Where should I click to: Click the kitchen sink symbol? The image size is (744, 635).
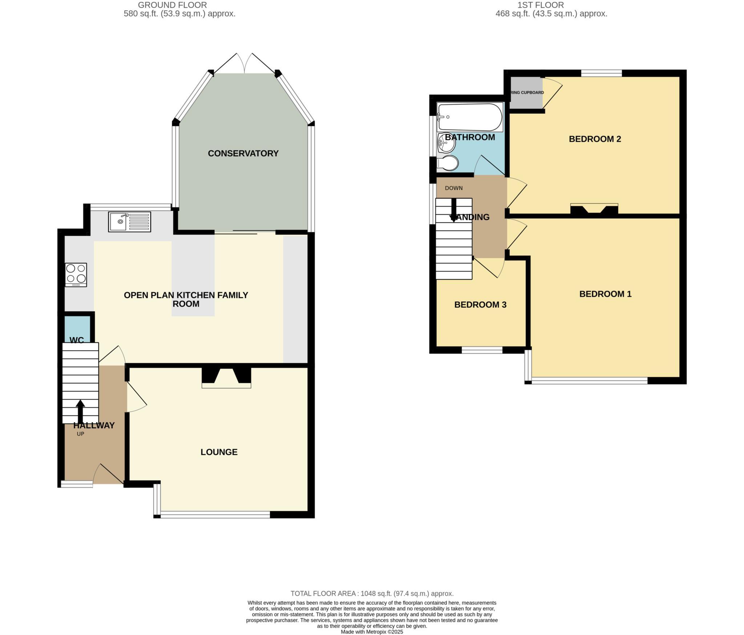[x=129, y=222]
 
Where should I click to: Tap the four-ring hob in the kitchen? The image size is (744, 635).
[x=76, y=275]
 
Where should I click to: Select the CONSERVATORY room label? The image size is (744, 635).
[x=243, y=153]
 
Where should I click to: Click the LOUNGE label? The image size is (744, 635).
[x=219, y=452]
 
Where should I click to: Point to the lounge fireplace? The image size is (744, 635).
[x=226, y=378]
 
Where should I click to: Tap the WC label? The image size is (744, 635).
[x=77, y=340]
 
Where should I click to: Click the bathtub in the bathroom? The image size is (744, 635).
[x=470, y=117]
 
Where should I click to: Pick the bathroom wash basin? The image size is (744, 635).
[x=446, y=143]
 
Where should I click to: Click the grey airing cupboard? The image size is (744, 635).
[x=526, y=93]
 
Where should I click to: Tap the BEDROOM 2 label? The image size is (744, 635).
[x=595, y=139]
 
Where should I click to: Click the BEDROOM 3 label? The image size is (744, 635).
[x=480, y=304]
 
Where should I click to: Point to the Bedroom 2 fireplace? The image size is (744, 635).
[x=594, y=210]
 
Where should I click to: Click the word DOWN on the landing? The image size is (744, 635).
[x=454, y=188]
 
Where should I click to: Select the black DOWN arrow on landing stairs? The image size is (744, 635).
[x=453, y=211]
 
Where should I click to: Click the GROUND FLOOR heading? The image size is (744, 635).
[x=172, y=5]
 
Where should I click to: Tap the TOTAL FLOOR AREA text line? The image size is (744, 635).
[x=372, y=594]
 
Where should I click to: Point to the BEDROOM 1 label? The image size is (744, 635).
[x=605, y=294]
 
